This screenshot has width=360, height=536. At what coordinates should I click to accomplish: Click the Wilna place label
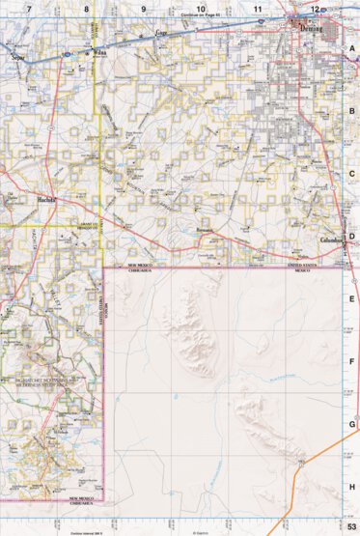97,54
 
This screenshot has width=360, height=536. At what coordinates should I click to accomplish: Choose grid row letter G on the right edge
352,424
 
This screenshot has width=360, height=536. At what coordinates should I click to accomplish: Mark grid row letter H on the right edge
352,487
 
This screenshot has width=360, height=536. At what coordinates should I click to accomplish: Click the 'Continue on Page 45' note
202,16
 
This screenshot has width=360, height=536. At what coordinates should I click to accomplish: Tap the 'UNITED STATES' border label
303,263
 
